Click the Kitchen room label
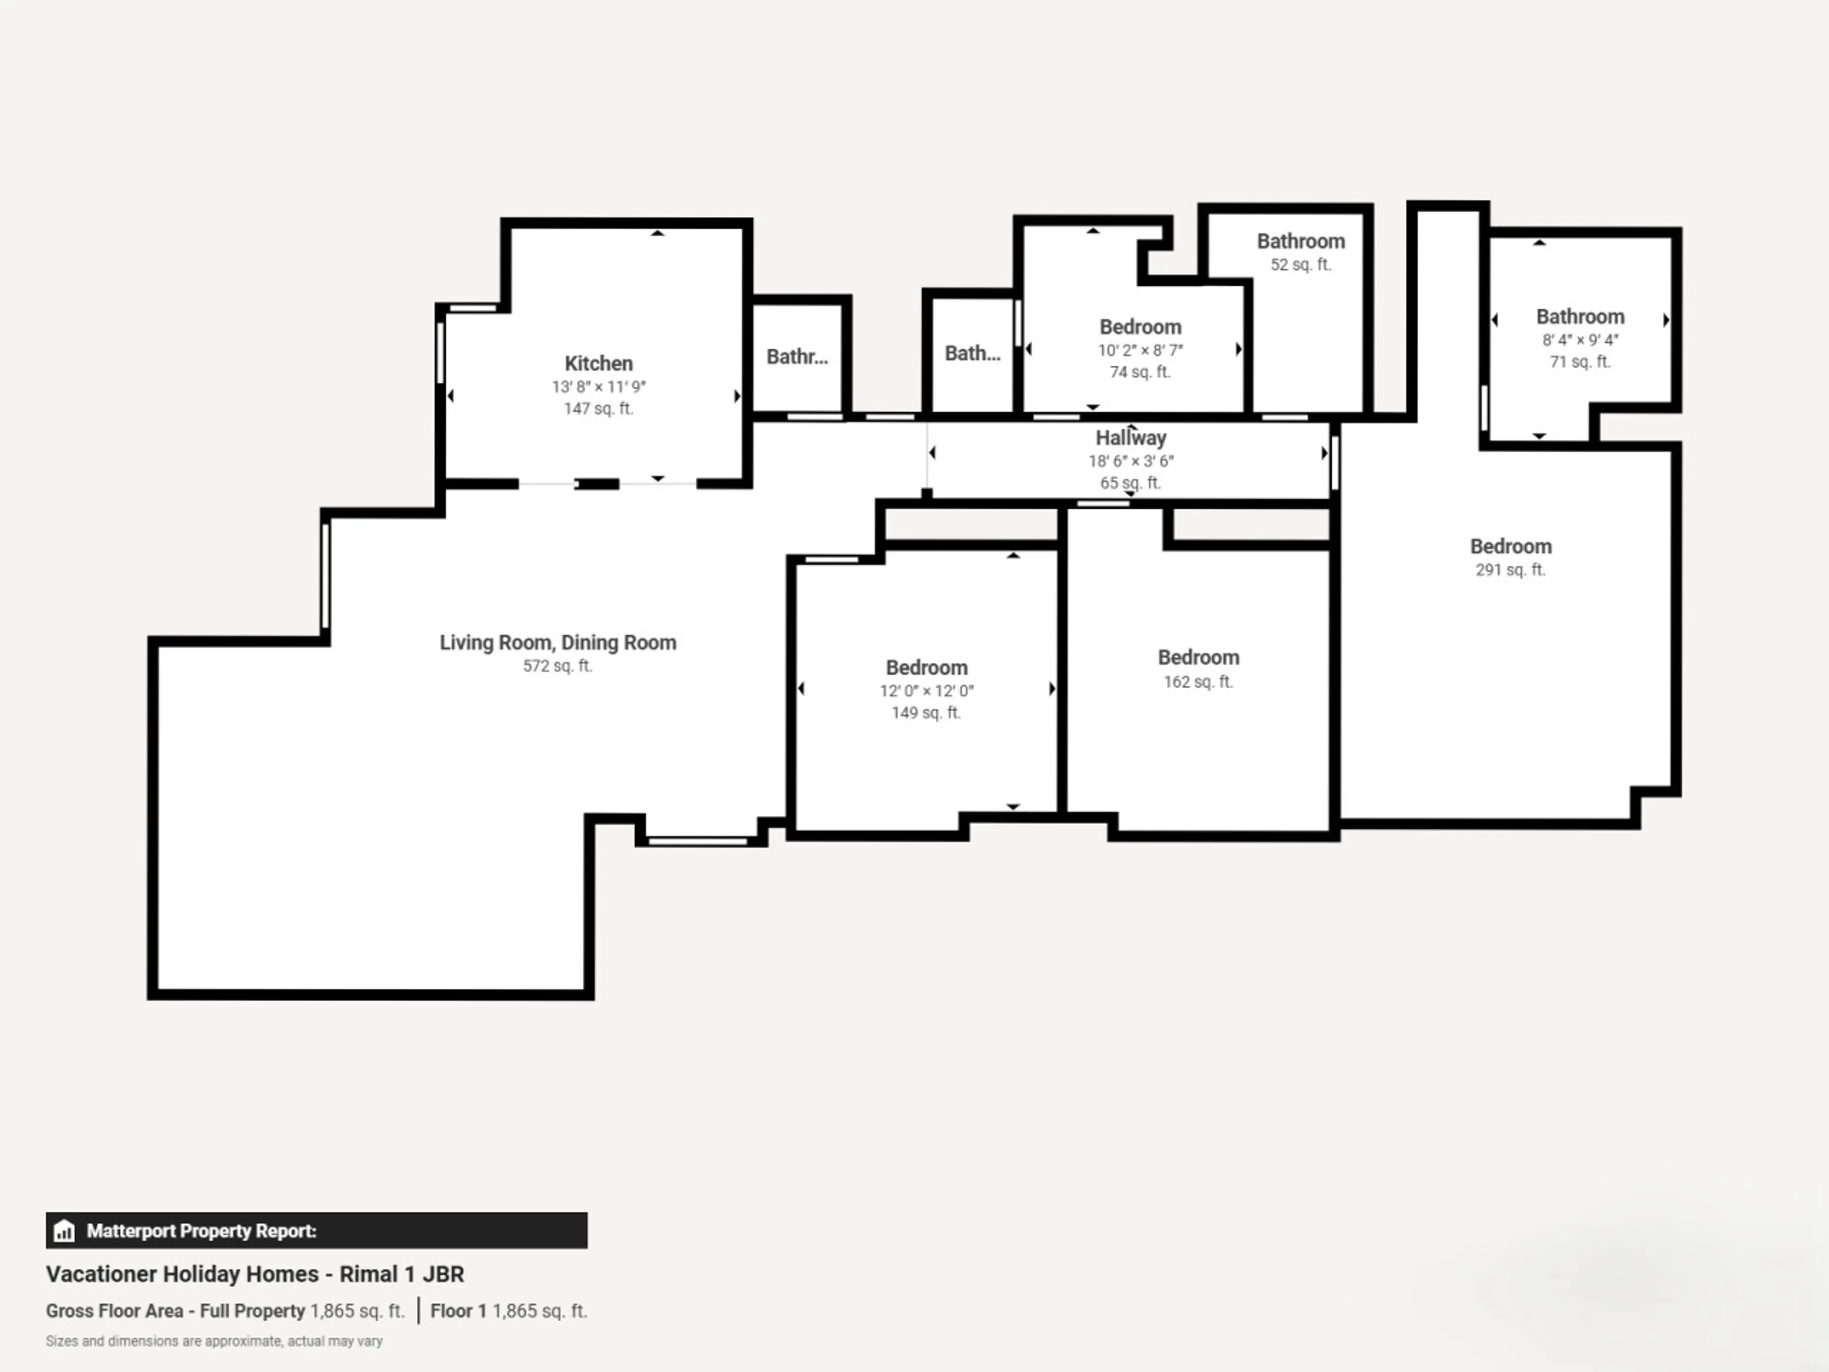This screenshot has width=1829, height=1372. (599, 363)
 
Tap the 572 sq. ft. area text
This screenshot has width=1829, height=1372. (557, 666)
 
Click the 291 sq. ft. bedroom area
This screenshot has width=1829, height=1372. (1511, 570)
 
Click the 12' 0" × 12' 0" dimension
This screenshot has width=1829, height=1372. (926, 691)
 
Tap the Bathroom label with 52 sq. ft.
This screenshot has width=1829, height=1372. (1301, 242)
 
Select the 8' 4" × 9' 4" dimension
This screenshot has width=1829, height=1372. (1580, 340)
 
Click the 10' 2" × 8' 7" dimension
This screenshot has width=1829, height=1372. (1140, 350)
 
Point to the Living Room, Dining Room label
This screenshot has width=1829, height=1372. (557, 643)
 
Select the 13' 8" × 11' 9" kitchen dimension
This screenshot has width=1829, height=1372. (599, 386)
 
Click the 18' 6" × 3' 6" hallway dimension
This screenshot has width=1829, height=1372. (1130, 461)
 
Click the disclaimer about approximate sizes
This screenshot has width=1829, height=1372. (214, 1342)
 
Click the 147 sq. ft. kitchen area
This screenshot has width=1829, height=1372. (599, 409)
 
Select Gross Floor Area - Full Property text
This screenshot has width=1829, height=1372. (175, 1311)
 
